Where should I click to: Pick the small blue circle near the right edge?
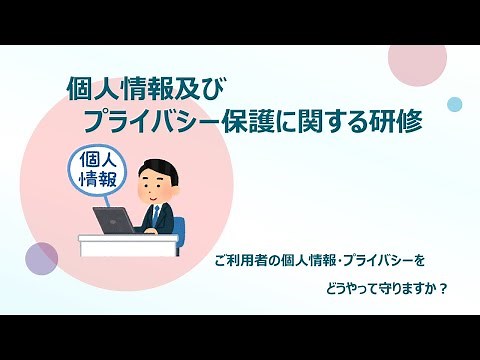[455, 103]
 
